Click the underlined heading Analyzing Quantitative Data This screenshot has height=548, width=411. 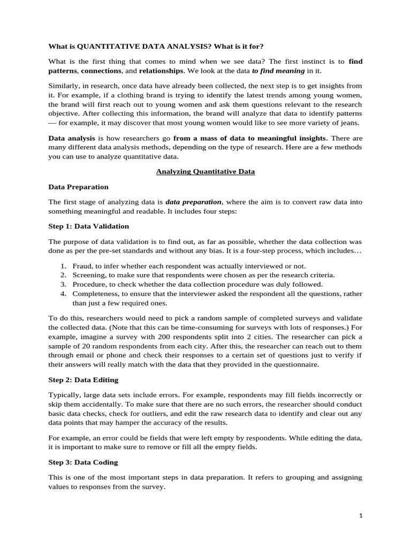[205, 172]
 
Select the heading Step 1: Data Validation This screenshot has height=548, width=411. [88, 226]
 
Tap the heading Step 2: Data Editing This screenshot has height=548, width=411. [83, 380]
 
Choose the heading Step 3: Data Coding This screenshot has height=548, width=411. [83, 462]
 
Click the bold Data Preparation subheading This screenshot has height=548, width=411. [78, 187]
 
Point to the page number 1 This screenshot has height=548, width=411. [361, 515]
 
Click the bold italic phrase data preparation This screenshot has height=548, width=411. [193, 202]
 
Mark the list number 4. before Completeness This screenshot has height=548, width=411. [63, 294]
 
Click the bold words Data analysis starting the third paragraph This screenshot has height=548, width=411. [72, 139]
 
